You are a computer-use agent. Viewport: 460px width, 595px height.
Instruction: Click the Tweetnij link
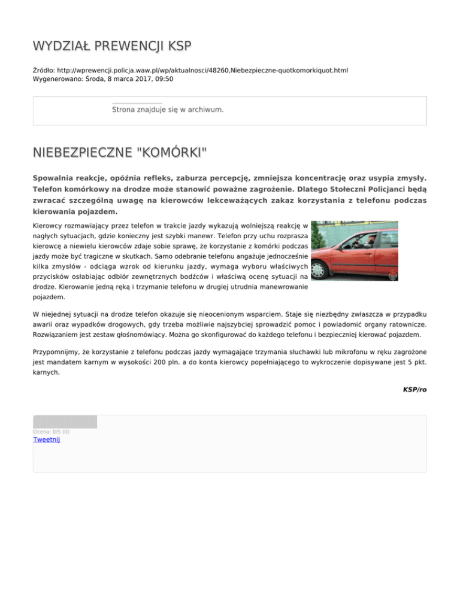point(47,439)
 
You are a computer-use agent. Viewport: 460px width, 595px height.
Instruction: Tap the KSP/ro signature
point(414,389)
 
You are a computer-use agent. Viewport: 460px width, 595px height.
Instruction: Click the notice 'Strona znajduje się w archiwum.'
point(168,110)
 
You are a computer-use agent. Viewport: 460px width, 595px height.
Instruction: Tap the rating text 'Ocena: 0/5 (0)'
point(51,431)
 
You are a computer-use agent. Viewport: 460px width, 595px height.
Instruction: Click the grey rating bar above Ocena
point(65,421)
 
